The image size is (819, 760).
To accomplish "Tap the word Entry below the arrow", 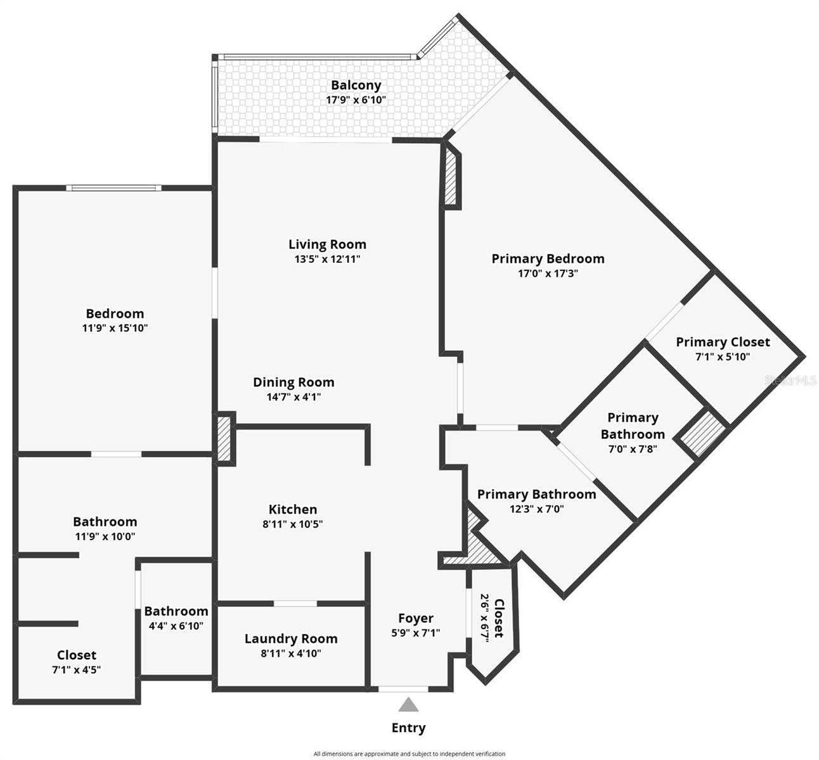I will point(408,728).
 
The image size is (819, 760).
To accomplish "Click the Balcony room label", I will point(356,85).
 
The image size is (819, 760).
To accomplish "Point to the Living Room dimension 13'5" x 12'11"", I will point(327,259).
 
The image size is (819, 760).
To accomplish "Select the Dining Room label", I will point(293,382).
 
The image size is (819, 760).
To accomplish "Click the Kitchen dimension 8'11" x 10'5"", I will point(292,524).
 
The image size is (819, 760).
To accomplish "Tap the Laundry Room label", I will point(291,638).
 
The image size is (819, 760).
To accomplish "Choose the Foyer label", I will point(415,618).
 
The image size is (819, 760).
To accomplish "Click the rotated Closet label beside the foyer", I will point(499,618).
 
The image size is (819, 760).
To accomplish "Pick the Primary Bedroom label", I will point(548,258).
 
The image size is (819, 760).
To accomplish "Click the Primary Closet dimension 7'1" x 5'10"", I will point(722,357).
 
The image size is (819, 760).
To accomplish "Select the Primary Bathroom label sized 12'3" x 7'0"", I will point(536,494).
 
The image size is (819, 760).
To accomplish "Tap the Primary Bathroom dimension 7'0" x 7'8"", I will point(632,449).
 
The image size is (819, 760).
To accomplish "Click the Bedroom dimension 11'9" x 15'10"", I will point(115,328).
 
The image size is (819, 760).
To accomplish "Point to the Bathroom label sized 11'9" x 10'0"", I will point(105,521).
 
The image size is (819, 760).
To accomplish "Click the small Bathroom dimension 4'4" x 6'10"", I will point(176,626).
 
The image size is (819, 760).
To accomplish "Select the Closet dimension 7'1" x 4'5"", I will point(76,669).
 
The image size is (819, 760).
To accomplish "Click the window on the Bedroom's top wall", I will point(114,187).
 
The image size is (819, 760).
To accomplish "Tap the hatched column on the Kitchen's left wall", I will point(224,438).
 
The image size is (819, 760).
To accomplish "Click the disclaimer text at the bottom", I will point(409,754).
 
